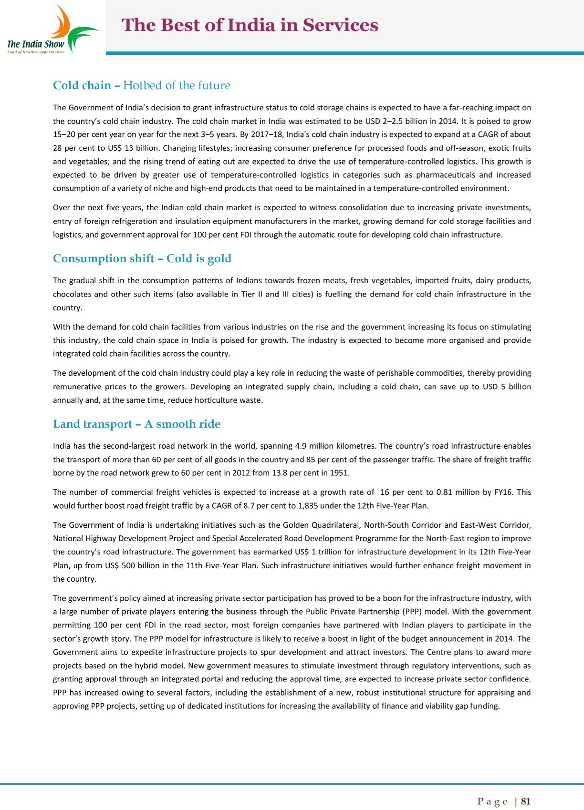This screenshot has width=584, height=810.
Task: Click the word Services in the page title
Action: point(340,25)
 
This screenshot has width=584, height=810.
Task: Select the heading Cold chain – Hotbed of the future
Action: point(141,85)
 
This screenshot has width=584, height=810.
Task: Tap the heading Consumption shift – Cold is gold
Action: point(142,258)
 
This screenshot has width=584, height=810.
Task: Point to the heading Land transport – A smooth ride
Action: point(136,424)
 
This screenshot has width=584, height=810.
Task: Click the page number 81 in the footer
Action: point(526,801)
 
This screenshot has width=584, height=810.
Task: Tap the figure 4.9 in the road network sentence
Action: point(301,446)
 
